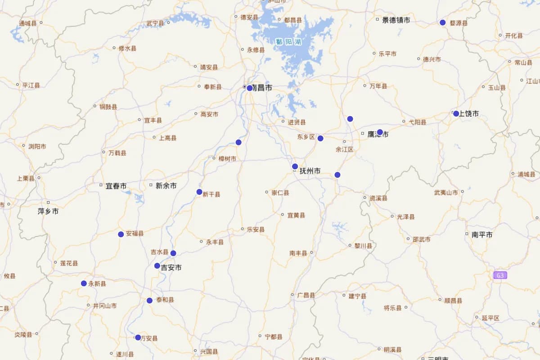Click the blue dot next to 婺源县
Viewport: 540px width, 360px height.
442,22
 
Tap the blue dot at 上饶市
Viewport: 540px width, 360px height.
456,113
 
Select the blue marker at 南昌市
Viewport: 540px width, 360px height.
250,88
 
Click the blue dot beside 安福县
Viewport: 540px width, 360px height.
121,234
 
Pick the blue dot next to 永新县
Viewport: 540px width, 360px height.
84,283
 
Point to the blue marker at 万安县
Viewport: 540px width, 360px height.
138,337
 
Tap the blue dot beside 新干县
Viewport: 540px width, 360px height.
199,192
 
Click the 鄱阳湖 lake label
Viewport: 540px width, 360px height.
288,41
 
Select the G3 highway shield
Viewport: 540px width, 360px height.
500,275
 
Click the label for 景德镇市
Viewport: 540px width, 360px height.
396,20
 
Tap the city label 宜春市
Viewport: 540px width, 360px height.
116,186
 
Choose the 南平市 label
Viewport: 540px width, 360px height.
482,235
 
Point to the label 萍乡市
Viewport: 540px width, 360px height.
48,211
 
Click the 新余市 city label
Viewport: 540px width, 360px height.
166,186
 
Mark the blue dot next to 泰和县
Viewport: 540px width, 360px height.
149,301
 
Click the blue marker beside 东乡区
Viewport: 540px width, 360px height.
320,138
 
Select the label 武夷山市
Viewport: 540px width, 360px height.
445,193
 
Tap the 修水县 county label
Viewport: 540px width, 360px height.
127,48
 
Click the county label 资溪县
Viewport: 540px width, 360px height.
378,198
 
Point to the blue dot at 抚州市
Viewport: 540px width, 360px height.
295,166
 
